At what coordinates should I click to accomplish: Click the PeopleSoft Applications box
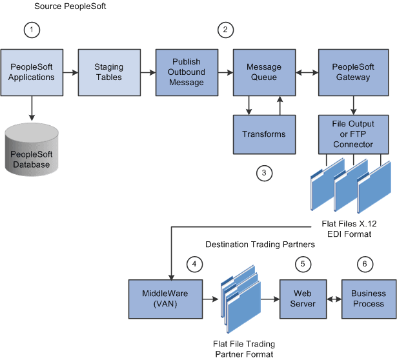pyautogui.click(x=32, y=72)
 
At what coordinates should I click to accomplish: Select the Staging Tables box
pyautogui.click(x=109, y=72)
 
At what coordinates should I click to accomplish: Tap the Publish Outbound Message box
pyautogui.click(x=187, y=72)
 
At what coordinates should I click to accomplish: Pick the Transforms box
pyautogui.click(x=264, y=134)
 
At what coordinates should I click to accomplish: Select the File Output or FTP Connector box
pyautogui.click(x=353, y=134)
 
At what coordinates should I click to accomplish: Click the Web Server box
pyautogui.click(x=302, y=299)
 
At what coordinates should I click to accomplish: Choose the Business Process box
pyautogui.click(x=368, y=299)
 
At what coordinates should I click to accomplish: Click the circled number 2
pyautogui.click(x=225, y=29)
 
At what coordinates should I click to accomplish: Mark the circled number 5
pyautogui.click(x=301, y=263)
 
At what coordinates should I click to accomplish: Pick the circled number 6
pyautogui.click(x=365, y=263)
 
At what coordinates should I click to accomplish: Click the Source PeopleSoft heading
pyautogui.click(x=69, y=6)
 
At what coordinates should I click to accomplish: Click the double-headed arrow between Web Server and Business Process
pyautogui.click(x=333, y=299)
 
